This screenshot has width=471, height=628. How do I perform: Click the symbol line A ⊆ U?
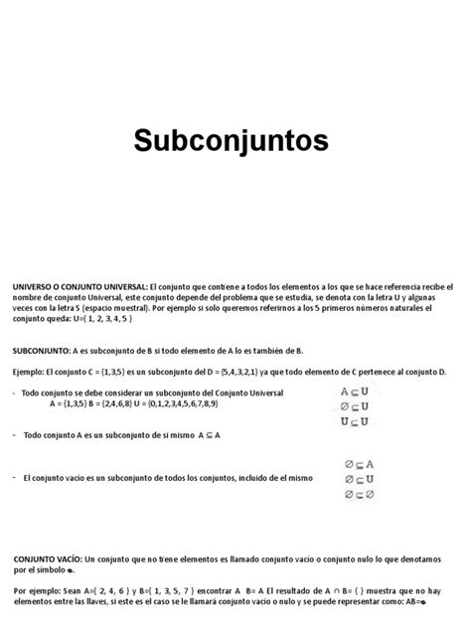click(x=355, y=392)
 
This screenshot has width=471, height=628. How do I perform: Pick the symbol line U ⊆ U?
click(x=355, y=421)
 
